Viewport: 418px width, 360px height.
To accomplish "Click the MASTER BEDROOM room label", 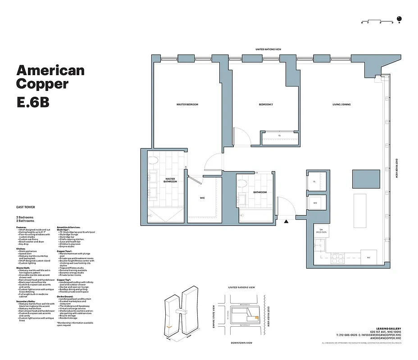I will pyautogui.click(x=187, y=104).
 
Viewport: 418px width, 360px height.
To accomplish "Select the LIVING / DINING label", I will pyautogui.click(x=341, y=104).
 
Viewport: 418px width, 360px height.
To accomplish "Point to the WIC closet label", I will pyautogui.click(x=203, y=198).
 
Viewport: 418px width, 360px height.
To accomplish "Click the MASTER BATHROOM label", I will pyautogui.click(x=170, y=180).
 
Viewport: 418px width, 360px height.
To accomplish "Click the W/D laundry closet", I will pyautogui.click(x=315, y=203).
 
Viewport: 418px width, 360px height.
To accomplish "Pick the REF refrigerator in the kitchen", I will pyautogui.click(x=368, y=258).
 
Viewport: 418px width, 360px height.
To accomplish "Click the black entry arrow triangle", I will pyautogui.click(x=286, y=221).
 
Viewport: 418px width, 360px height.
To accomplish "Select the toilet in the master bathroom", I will pyautogui.click(x=153, y=161).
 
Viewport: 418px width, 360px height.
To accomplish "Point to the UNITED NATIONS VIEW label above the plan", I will pyautogui.click(x=268, y=49).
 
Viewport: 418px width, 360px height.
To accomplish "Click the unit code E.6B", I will pyautogui.click(x=32, y=102).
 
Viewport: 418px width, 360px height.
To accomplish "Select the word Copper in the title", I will pyautogui.click(x=42, y=84).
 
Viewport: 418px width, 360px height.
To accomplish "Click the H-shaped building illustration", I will pyautogui.click(x=181, y=315).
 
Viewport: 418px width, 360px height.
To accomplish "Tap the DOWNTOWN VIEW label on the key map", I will pyautogui.click(x=241, y=343).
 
